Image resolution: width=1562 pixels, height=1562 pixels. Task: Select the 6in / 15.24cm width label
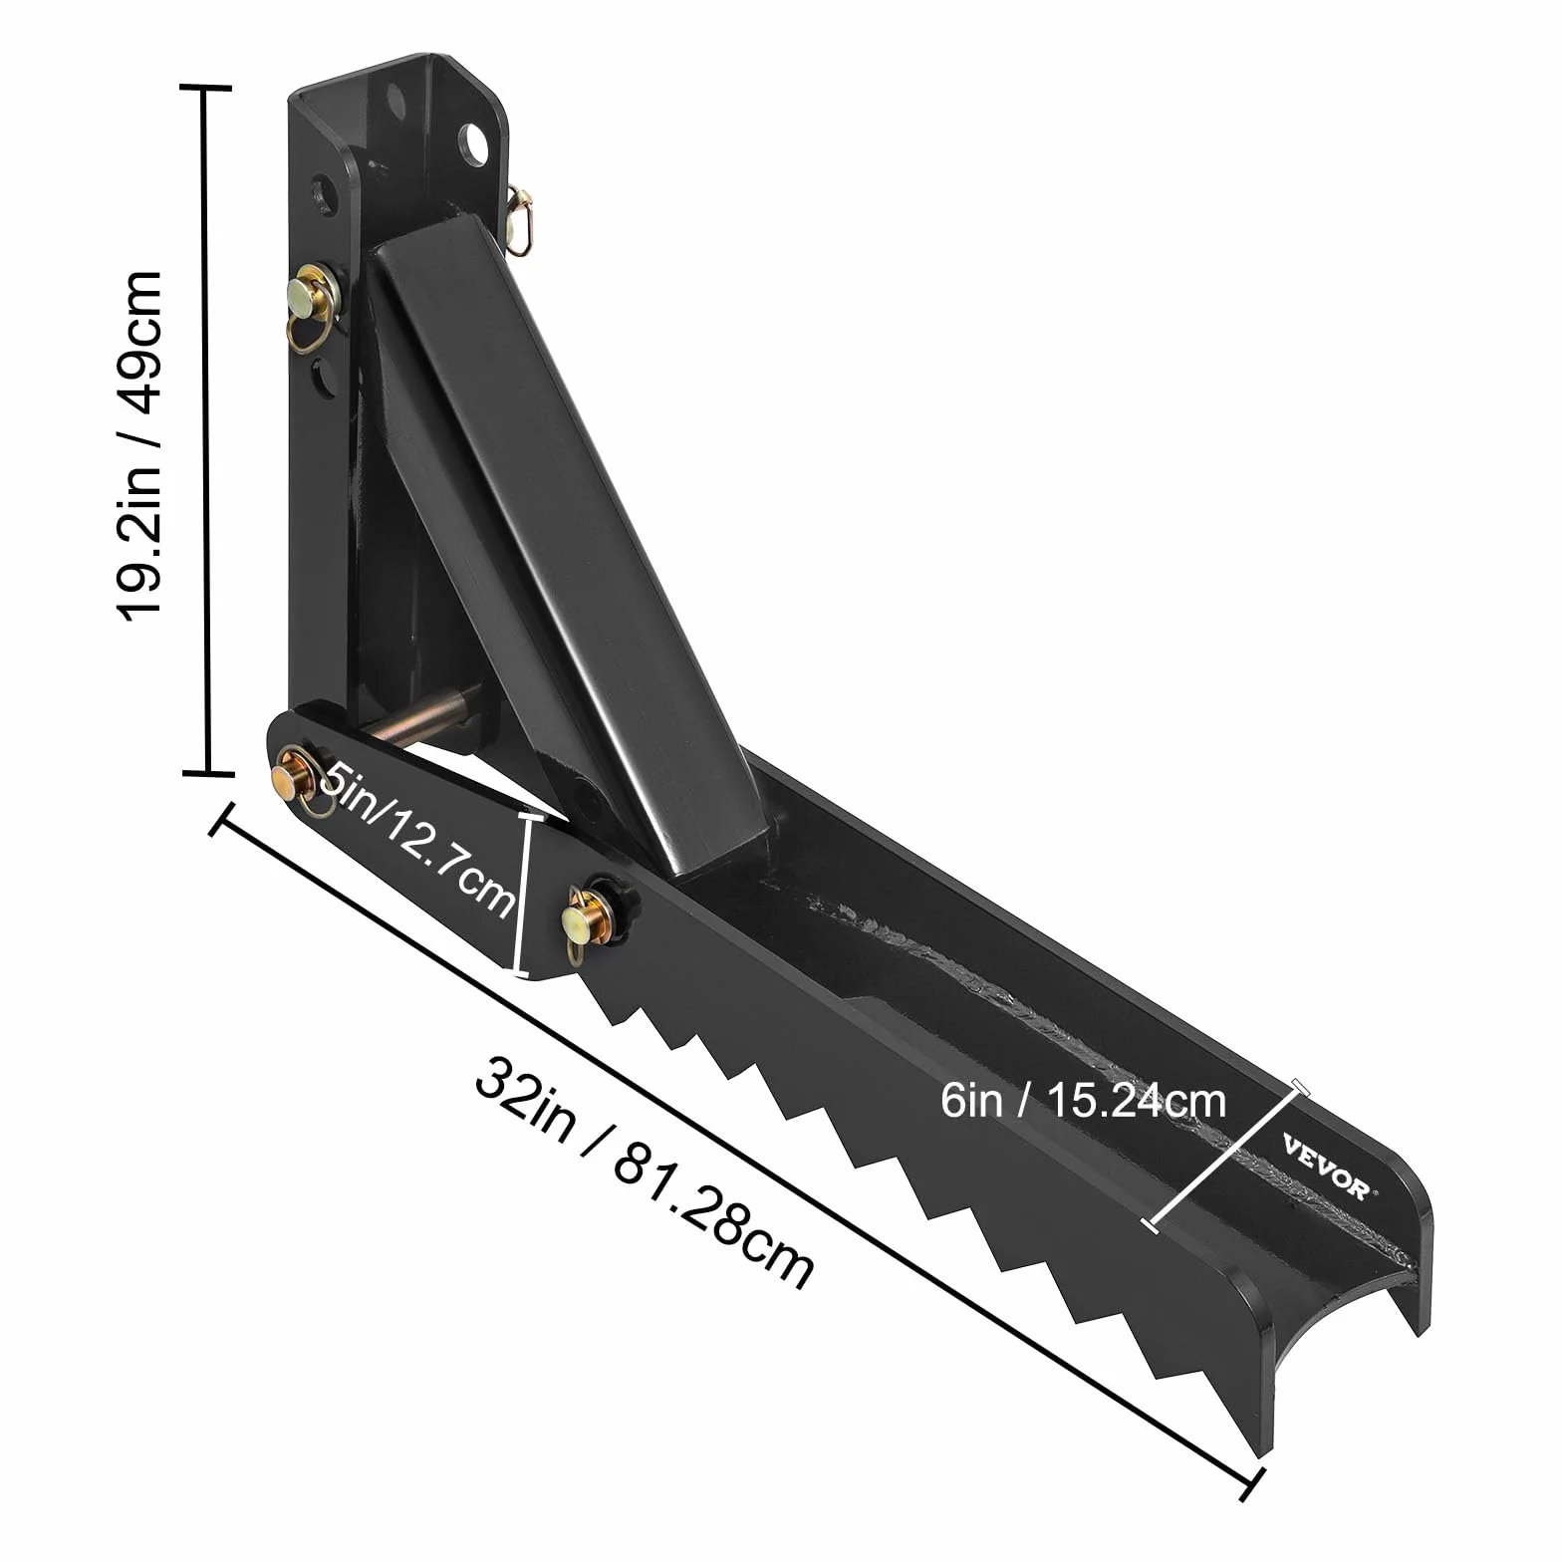1083,1101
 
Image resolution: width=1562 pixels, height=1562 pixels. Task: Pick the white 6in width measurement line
1224,1154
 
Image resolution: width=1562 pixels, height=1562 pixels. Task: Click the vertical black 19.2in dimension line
206,429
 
